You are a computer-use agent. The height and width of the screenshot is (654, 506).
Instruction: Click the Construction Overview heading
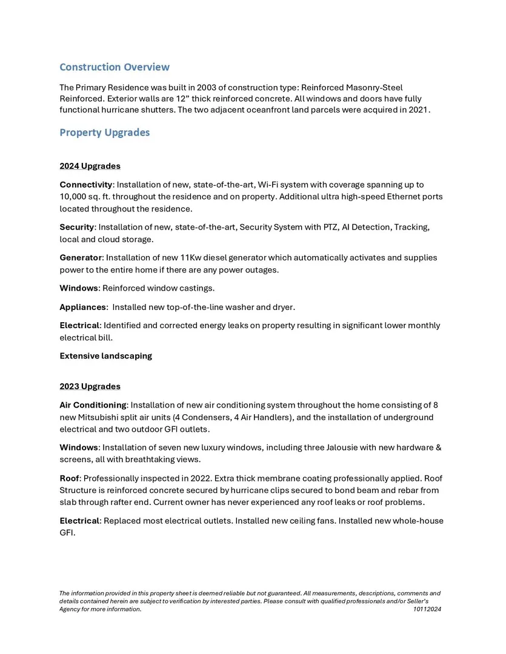(x=115, y=67)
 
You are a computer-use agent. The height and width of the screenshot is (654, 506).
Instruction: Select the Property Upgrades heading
(x=104, y=133)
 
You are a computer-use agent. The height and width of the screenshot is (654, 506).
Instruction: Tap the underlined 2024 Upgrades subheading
(x=90, y=166)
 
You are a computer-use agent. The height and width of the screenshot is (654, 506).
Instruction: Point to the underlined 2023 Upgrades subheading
(x=90, y=386)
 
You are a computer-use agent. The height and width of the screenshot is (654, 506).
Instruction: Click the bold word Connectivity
(x=85, y=184)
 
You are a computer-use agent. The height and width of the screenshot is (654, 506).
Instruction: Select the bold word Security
(x=76, y=227)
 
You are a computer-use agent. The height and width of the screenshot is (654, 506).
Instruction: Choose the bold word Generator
(x=80, y=258)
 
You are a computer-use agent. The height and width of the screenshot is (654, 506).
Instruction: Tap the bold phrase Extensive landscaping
(x=105, y=356)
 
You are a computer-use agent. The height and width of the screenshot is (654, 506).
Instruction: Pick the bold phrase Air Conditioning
(x=93, y=405)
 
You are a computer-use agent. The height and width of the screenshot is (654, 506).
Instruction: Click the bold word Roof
(x=69, y=478)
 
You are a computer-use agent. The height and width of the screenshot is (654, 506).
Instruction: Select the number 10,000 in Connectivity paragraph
(x=73, y=197)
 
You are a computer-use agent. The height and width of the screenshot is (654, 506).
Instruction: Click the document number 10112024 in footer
(x=427, y=609)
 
